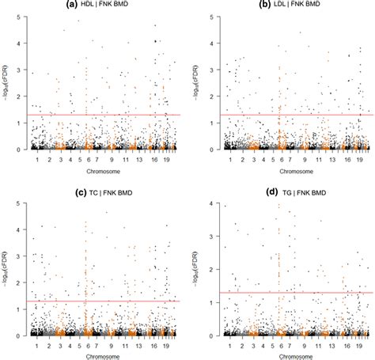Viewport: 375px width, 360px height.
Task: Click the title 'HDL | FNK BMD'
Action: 111,6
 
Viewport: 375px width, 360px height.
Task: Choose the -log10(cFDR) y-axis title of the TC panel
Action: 7,269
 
